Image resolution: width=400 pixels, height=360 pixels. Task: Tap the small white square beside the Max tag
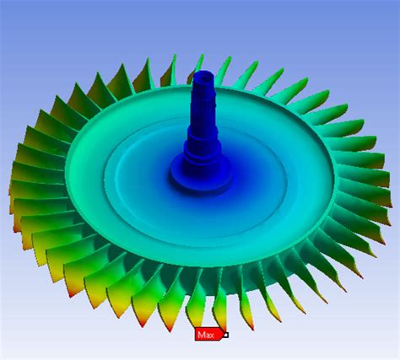tap(225, 335)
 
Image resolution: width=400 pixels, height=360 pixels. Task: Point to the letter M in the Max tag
tap(202, 335)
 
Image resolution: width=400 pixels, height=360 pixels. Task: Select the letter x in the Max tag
tap(214, 336)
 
